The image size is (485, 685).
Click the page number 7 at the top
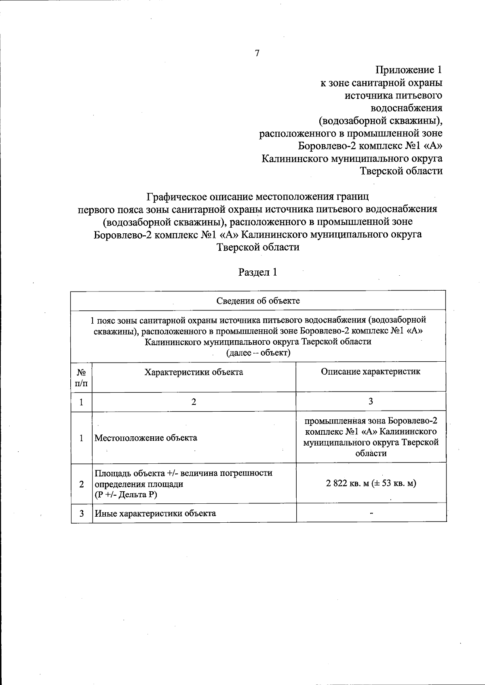[x=257, y=53]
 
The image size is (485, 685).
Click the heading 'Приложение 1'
[x=409, y=70]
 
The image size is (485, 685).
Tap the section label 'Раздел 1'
[x=257, y=272]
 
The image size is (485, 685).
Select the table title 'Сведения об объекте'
[x=258, y=301]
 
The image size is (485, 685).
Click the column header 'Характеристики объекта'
[x=194, y=372]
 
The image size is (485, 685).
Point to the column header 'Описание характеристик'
[x=371, y=371]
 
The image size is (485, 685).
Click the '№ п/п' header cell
[x=82, y=377]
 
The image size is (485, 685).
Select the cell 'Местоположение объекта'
[x=146, y=438]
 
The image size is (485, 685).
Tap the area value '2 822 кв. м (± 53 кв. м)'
[x=371, y=483]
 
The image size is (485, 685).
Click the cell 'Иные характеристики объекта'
[x=155, y=513]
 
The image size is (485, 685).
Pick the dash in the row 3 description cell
[x=371, y=513]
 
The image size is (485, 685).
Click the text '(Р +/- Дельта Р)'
[x=126, y=494]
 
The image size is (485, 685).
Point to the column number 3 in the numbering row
[x=371, y=401]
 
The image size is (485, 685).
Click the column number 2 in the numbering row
[x=194, y=402]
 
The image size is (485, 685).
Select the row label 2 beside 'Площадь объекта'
[x=82, y=484]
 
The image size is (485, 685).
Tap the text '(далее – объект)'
[x=258, y=353]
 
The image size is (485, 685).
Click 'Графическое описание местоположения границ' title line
[x=257, y=197]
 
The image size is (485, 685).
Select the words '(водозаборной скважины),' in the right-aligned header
[x=380, y=121]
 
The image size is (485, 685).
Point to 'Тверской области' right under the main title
[x=258, y=247]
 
